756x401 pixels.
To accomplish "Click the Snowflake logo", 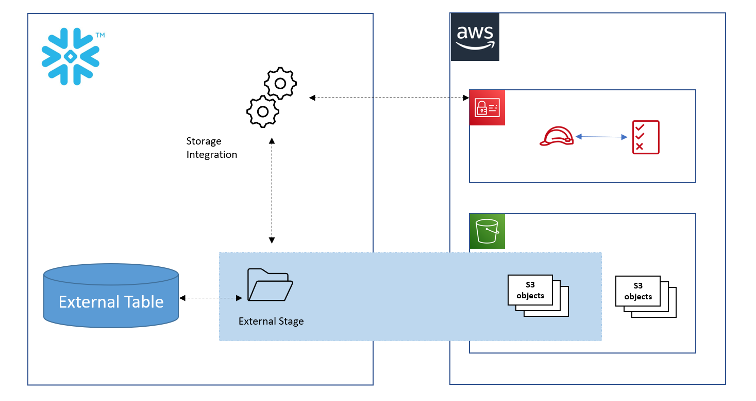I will (71, 56).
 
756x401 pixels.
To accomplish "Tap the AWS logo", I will (475, 37).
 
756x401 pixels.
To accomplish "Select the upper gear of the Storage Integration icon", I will (280, 83).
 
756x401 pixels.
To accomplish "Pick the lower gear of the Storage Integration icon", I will (263, 111).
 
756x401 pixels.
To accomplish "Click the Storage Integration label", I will (211, 148).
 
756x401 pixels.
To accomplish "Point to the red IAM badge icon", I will (487, 108).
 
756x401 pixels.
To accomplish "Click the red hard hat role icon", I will (557, 137).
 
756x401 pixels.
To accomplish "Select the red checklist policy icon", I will (646, 137).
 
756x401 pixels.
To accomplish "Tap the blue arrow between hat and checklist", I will (601, 137).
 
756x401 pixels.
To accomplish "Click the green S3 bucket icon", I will (487, 231).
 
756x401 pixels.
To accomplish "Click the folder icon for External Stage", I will (270, 284).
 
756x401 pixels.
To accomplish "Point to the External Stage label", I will (271, 321).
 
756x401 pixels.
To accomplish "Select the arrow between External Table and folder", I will (211, 298).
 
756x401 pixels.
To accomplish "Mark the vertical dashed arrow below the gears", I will (272, 190).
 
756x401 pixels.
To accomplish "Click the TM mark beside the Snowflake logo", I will (100, 36).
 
